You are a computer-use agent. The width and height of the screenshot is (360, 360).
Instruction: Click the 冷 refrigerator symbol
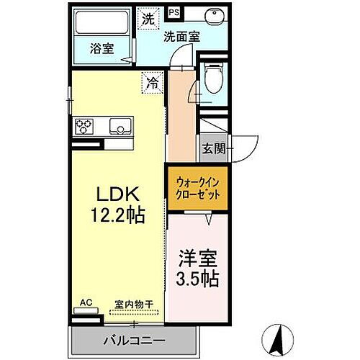153,83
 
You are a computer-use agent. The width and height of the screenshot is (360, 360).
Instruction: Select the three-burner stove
84,127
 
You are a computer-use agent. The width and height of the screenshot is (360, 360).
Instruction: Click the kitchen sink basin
120,127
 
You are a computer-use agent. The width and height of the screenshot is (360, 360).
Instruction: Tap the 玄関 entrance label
213,149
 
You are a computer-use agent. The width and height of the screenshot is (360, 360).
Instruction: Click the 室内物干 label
136,305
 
